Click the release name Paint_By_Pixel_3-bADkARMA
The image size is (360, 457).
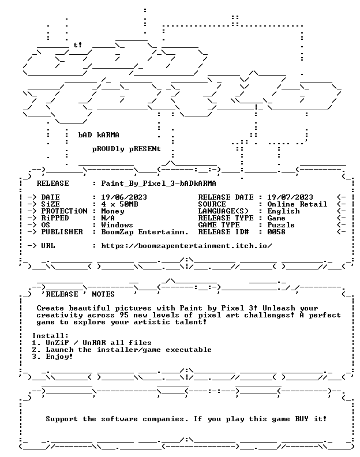[159, 183]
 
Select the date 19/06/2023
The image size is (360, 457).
[124, 197]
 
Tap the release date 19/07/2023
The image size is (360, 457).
[290, 197]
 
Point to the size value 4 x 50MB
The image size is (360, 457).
[119, 204]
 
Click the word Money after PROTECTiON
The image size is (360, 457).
[112, 211]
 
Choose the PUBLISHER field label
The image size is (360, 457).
[62, 232]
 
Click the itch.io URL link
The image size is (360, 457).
[186, 246]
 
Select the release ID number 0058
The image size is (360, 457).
[276, 232]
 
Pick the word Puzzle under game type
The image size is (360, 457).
[281, 225]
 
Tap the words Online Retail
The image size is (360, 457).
[297, 204]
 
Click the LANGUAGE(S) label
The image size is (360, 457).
[223, 211]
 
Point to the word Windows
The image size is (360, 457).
[117, 225]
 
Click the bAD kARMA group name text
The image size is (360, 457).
[99, 135]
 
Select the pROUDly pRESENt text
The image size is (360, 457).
[126, 149]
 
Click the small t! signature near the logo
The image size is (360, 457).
[78, 45]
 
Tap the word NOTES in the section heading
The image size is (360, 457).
[103, 294]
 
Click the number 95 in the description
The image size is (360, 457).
[124, 315]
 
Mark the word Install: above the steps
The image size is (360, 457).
[50, 336]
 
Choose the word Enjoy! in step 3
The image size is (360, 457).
[59, 357]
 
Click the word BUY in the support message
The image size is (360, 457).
[302, 419]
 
